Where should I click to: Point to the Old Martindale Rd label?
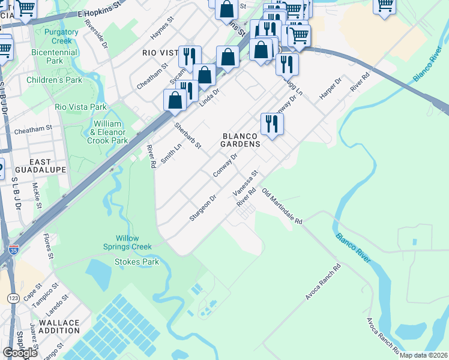click(x=283, y=206)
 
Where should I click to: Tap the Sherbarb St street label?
click(x=187, y=136)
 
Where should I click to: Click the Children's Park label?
click(x=62, y=80)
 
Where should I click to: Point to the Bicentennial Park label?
click(x=55, y=56)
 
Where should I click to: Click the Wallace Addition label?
click(x=59, y=327)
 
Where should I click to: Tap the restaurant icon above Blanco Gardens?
click(x=272, y=124)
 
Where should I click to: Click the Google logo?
click(x=20, y=353)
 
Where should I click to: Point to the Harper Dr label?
click(x=330, y=88)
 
